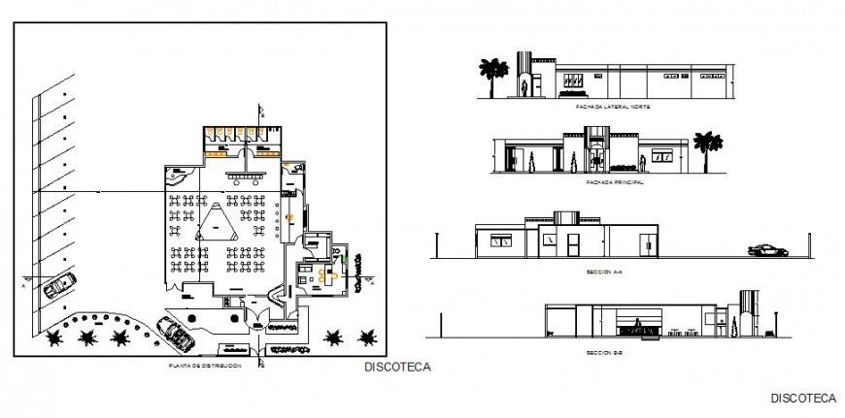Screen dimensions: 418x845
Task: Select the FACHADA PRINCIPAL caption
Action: pyautogui.click(x=610, y=181)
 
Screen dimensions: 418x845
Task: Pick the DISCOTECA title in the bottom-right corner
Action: pyautogui.click(x=802, y=399)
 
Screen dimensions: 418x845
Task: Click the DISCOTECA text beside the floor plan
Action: pyautogui.click(x=395, y=368)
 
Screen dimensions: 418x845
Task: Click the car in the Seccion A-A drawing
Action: pyautogui.click(x=767, y=251)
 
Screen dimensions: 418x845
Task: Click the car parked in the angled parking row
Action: pyautogui.click(x=59, y=287)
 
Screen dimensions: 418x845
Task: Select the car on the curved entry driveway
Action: pyautogui.click(x=178, y=335)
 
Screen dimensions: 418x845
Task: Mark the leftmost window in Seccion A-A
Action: pyautogui.click(x=504, y=241)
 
